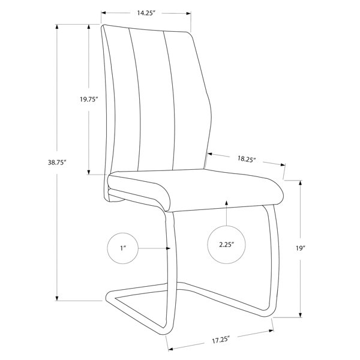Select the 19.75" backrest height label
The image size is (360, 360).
(x=89, y=100)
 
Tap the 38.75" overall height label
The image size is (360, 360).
(x=57, y=163)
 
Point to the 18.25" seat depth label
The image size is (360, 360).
(x=247, y=159)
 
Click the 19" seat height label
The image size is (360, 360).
(x=301, y=248)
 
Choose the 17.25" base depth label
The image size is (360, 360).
(x=221, y=340)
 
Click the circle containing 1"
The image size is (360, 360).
(x=123, y=248)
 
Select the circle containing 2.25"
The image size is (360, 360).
(x=226, y=245)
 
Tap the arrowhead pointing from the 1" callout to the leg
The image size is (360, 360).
(x=168, y=248)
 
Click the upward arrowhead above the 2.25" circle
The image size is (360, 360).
(x=226, y=203)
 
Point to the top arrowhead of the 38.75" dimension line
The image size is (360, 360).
(x=57, y=26)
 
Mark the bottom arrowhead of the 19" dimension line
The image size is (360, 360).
(x=301, y=315)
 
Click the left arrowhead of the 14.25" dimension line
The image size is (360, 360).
(x=104, y=13)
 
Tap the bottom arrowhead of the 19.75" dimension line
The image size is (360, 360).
(x=89, y=172)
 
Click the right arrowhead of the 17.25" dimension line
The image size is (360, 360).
(x=271, y=331)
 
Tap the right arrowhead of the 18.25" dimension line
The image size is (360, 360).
(x=283, y=164)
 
